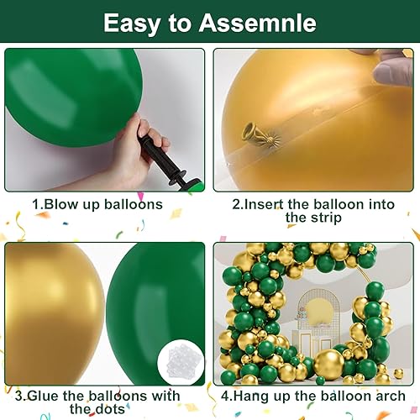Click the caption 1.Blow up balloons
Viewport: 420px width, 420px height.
(x=97, y=204)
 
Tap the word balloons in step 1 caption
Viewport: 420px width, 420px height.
(x=133, y=204)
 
